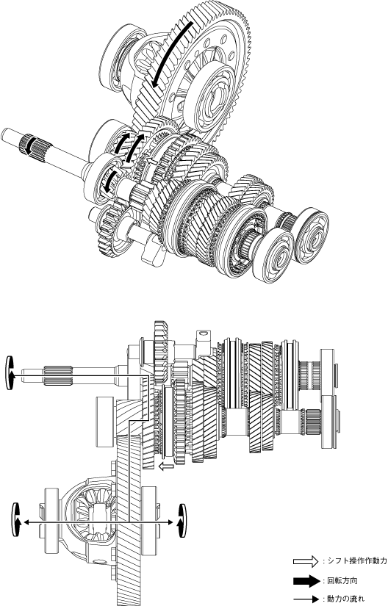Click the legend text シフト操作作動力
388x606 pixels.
pyautogui.click(x=356, y=561)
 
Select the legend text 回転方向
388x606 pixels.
pyautogui.click(x=339, y=581)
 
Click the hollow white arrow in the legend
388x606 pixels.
pyautogui.click(x=305, y=561)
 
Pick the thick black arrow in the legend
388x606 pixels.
pyautogui.click(x=305, y=581)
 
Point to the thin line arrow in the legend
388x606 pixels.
pyautogui.click(x=305, y=599)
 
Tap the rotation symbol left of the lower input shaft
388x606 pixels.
pyautogui.click(x=10, y=372)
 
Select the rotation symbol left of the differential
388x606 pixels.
pyautogui.click(x=16, y=519)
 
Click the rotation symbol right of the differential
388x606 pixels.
pyautogui.click(x=182, y=520)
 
